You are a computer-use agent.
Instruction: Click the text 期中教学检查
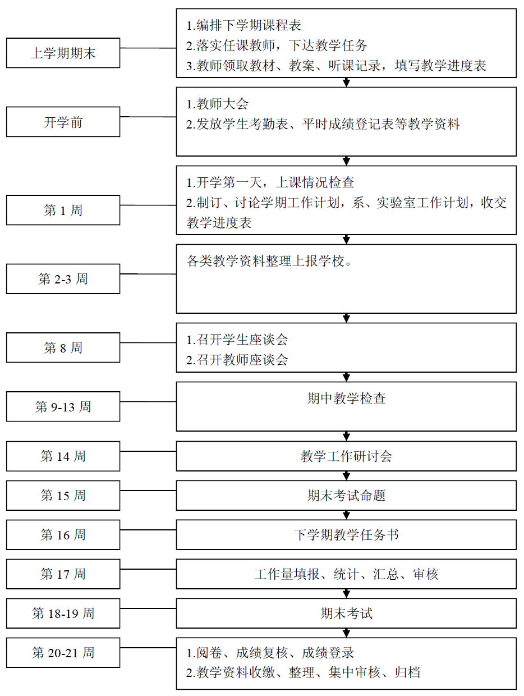click(346, 399)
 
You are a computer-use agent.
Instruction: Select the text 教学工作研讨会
click(346, 456)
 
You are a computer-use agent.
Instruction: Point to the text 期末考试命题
click(346, 495)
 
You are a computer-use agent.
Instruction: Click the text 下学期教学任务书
click(346, 534)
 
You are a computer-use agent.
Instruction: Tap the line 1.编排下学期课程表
click(243, 25)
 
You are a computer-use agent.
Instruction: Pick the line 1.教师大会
click(217, 104)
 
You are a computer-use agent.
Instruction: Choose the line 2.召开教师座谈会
click(237, 360)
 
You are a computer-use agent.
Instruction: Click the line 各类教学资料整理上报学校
click(269, 260)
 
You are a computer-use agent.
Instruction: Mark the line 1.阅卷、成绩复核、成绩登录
click(270, 653)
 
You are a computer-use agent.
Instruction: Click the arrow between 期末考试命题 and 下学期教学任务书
click(346, 515)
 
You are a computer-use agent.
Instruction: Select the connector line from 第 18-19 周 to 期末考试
click(148, 608)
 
